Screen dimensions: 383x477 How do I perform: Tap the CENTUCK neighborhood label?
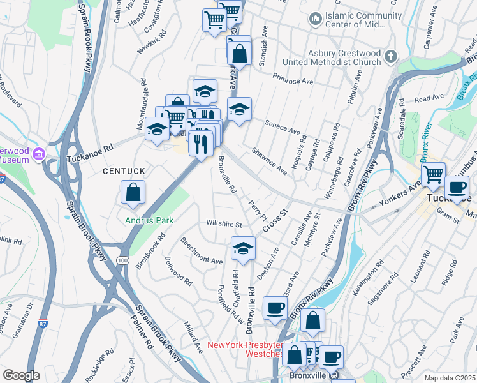[x=125, y=172]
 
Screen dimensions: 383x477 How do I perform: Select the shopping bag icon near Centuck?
[x=133, y=193]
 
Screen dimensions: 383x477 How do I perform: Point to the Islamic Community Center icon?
[x=314, y=20]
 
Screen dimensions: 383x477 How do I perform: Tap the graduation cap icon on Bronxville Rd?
[x=242, y=250]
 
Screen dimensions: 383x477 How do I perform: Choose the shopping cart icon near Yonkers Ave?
[x=433, y=174]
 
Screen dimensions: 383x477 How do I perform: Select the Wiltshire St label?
[x=224, y=225]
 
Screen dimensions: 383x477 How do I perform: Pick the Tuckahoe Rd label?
[x=91, y=147]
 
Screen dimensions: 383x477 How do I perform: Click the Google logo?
[x=21, y=375]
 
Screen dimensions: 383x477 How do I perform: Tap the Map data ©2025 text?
[x=450, y=378]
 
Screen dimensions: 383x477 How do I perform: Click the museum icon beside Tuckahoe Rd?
[x=38, y=154]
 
